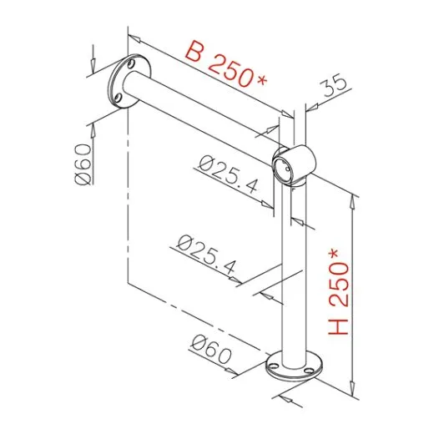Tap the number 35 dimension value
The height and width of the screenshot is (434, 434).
(334, 86)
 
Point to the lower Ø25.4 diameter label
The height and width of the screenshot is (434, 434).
(206, 254)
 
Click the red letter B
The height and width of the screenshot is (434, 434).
(193, 53)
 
